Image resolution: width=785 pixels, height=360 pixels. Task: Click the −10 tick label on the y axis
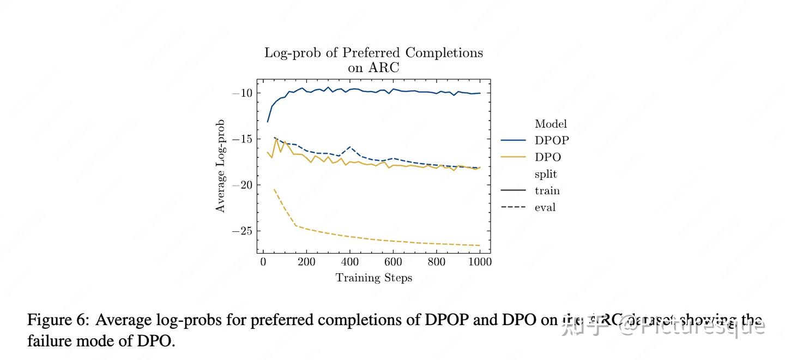[242, 93]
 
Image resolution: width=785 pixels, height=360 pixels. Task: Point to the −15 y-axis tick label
[242, 139]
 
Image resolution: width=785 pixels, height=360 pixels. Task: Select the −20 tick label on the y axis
[242, 185]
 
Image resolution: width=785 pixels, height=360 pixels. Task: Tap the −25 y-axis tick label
[242, 231]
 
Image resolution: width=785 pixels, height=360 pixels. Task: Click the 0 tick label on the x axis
[263, 262]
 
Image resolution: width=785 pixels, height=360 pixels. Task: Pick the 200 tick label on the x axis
[306, 262]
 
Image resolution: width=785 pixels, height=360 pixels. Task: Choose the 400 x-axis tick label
[350, 262]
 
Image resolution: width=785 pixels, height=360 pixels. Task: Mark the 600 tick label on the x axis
[393, 262]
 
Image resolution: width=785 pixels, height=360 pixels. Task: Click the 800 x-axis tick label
[437, 262]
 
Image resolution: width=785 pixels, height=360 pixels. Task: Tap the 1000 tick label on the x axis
[480, 262]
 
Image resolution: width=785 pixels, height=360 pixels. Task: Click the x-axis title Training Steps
[373, 278]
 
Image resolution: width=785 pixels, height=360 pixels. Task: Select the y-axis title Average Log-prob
[220, 166]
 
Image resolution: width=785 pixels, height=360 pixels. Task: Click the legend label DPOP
[552, 140]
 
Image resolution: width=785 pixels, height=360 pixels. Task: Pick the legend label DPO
[548, 157]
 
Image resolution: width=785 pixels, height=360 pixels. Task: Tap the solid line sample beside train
[514, 190]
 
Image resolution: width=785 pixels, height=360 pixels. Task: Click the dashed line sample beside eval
[514, 207]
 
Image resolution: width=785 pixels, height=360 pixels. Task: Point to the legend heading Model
[551, 124]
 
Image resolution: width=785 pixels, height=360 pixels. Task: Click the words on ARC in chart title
[373, 68]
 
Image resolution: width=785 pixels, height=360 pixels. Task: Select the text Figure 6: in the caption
[58, 320]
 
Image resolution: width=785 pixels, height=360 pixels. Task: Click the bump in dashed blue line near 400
[349, 147]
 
